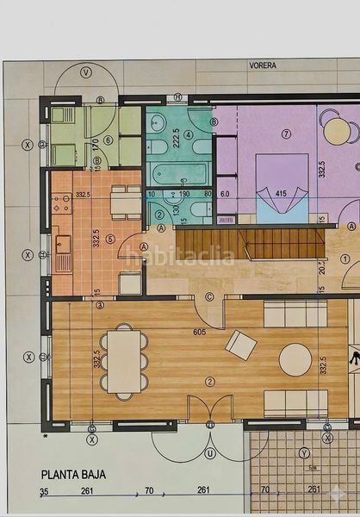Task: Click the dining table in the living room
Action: click(125, 360)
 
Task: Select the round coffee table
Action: click(295, 359)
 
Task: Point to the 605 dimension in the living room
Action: click(200, 332)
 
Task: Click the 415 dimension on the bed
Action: click(282, 194)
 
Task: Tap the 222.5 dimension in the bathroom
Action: click(177, 140)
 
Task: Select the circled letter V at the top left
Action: click(85, 73)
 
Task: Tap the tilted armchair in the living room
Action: click(240, 345)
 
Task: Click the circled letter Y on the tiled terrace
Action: click(304, 452)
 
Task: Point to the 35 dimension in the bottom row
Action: click(44, 491)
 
